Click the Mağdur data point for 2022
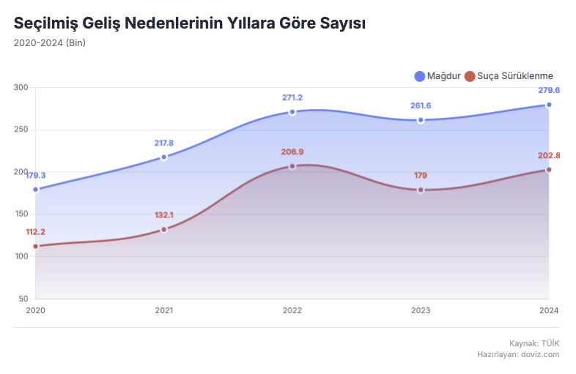click(x=292, y=112)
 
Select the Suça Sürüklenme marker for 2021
click(x=164, y=229)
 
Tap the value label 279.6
click(x=549, y=90)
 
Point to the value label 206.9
click(x=292, y=152)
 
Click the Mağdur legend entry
click(x=437, y=75)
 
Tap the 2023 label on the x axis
click(x=421, y=310)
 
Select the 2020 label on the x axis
click(x=35, y=310)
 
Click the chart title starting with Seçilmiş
click(x=190, y=23)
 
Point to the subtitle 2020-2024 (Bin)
click(x=50, y=42)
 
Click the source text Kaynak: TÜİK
click(x=534, y=343)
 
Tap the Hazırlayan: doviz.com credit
click(x=518, y=354)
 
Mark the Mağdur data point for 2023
click(x=421, y=120)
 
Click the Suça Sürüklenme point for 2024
click(x=549, y=170)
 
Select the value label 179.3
click(x=35, y=176)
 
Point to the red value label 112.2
click(x=35, y=232)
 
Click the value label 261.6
click(x=421, y=105)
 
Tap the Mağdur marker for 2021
click(x=164, y=157)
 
